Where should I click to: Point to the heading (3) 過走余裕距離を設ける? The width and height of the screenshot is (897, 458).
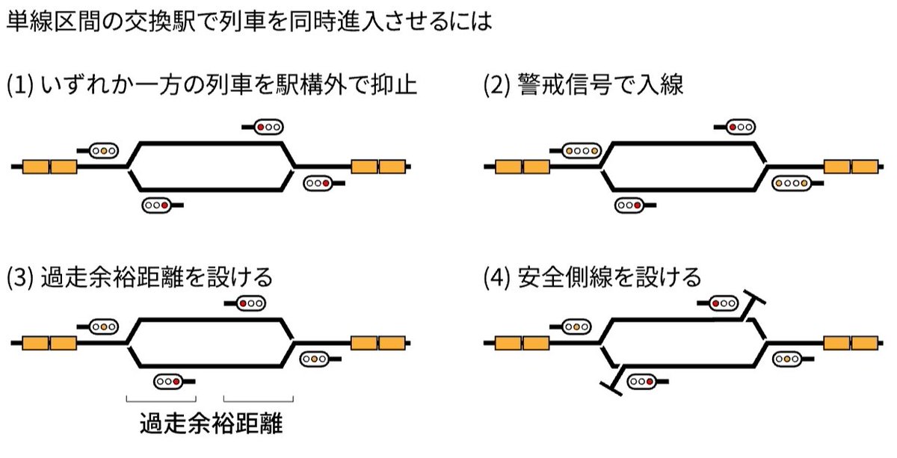point(139,277)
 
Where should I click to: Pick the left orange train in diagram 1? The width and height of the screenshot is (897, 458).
point(49,166)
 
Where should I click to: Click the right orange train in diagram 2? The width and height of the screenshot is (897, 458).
point(851,166)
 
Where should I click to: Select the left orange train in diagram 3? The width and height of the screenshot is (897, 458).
point(49,343)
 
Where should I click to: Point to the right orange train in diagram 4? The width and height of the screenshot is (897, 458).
point(851,343)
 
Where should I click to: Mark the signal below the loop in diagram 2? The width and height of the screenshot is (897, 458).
point(629,205)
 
